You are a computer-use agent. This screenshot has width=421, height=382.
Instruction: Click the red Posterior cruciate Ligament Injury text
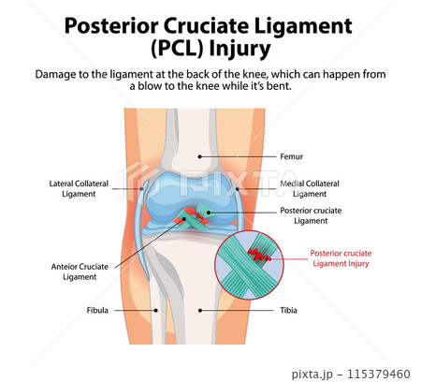coord(346,257)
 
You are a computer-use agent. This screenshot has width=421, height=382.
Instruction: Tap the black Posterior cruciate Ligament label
coord(315,215)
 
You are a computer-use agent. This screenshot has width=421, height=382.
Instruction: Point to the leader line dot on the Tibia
coord(200,310)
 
